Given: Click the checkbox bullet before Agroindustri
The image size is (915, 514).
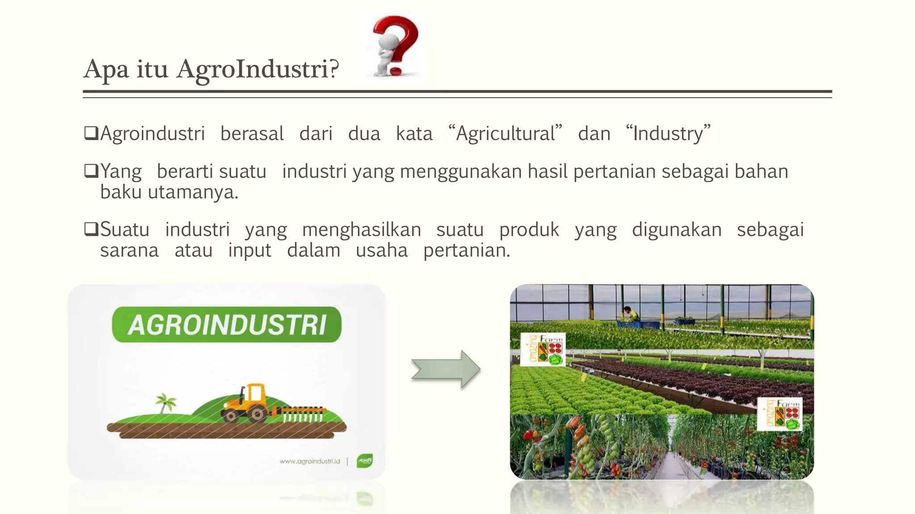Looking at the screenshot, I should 91,133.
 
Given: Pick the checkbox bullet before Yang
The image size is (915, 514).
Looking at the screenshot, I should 91,171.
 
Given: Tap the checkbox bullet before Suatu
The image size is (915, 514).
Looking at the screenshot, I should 91,229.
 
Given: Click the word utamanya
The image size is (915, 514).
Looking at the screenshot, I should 193,192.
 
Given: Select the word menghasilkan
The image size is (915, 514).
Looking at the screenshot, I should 361,230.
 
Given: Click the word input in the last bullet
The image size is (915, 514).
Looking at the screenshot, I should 249,251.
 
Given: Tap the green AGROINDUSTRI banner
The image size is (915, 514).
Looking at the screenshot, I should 227,324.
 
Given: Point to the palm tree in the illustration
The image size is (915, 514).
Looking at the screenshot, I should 165,402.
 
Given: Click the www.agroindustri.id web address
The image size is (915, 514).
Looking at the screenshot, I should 310,461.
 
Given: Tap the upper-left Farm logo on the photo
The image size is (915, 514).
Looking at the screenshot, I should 543,349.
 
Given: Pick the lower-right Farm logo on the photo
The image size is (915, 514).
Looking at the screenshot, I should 780,414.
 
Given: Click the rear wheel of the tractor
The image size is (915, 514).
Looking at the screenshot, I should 257,414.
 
